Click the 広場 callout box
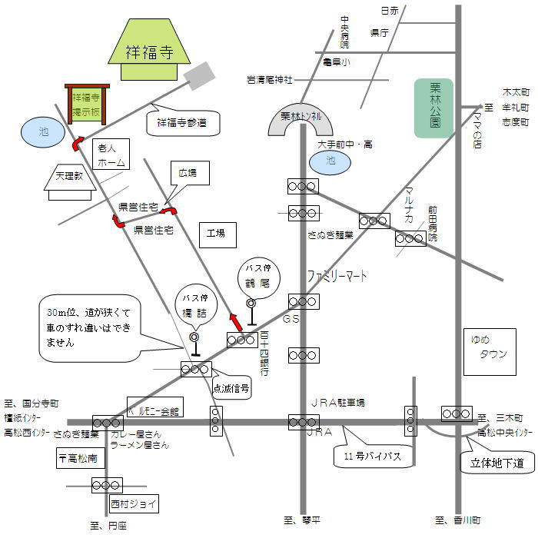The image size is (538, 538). click(188, 173)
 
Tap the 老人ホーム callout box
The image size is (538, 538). click(108, 153)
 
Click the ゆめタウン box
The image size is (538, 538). click(487, 347)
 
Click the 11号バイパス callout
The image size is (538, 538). click(369, 456)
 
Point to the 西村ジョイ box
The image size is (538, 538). click(132, 505)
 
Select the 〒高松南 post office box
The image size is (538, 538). click(78, 459)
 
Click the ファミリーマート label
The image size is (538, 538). click(337, 275)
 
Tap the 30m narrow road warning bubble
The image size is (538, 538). click(88, 327)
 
